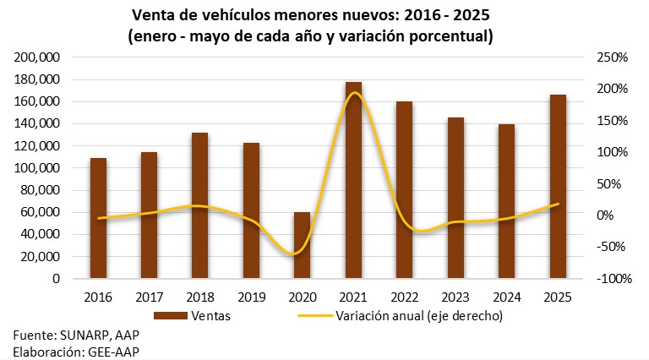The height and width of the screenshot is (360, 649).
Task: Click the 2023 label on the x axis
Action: tap(455, 297)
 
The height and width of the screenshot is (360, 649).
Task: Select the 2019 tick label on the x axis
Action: tap(251, 297)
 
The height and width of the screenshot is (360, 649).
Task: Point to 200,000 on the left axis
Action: tap(37, 57)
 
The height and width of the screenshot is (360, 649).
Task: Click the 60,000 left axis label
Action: tap(41, 212)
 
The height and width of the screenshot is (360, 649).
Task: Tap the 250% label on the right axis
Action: tap(610, 57)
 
